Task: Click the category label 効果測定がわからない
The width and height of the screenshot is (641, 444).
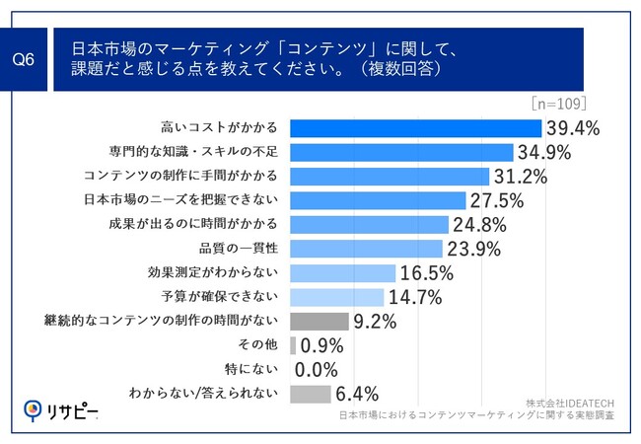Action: tap(226, 273)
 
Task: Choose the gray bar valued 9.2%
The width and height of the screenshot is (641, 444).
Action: tap(320, 321)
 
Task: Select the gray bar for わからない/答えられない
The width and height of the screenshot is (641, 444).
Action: tap(312, 394)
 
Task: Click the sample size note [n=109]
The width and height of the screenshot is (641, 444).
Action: tap(559, 103)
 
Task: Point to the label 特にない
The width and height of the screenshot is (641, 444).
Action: tap(258, 369)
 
